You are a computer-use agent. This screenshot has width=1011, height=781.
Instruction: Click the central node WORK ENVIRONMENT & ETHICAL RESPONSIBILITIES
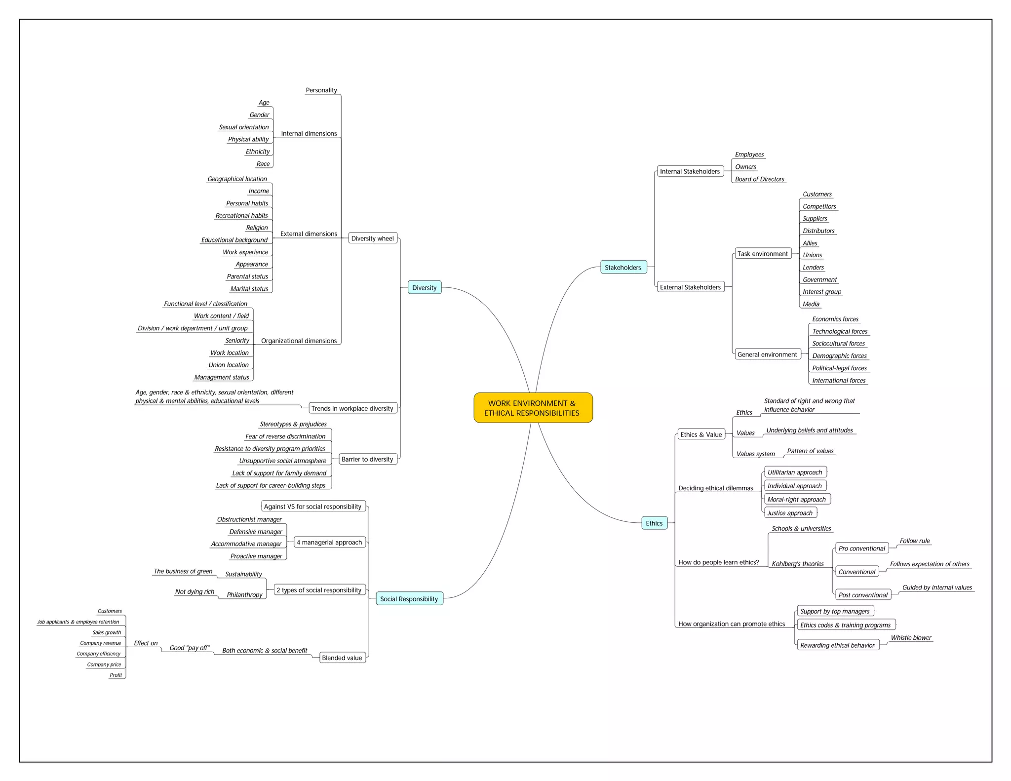tap(533, 408)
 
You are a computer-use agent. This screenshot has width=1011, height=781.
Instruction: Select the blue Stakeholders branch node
tap(622, 268)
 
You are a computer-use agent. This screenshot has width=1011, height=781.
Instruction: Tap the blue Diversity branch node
tap(424, 288)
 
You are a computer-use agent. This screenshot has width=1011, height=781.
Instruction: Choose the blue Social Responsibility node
tap(409, 599)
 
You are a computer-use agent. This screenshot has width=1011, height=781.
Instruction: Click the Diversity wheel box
tap(372, 238)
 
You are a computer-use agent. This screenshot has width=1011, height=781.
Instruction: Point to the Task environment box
tap(762, 254)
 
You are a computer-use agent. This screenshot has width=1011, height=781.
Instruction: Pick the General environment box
tap(767, 354)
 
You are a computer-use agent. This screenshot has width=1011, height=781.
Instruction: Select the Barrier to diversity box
tap(367, 459)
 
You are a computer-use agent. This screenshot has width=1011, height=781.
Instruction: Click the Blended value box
tap(342, 658)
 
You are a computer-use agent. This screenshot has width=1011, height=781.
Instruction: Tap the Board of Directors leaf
tap(759, 179)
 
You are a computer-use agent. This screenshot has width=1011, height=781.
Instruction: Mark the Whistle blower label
tap(911, 638)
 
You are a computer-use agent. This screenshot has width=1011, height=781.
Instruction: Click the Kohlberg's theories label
tap(797, 564)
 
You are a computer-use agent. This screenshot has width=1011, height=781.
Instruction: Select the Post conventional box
tap(862, 595)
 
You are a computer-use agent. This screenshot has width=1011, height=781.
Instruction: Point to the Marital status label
tap(249, 289)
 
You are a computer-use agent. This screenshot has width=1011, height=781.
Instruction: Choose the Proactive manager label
tap(256, 556)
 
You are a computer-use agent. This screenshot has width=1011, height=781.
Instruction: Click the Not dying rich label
tap(194, 591)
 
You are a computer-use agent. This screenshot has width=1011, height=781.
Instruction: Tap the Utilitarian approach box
tap(795, 472)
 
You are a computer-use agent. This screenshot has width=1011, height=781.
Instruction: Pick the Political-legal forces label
tap(839, 368)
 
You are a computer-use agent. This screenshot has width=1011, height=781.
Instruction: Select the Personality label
tap(321, 90)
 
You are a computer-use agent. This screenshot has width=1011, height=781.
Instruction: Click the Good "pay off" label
tap(190, 648)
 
